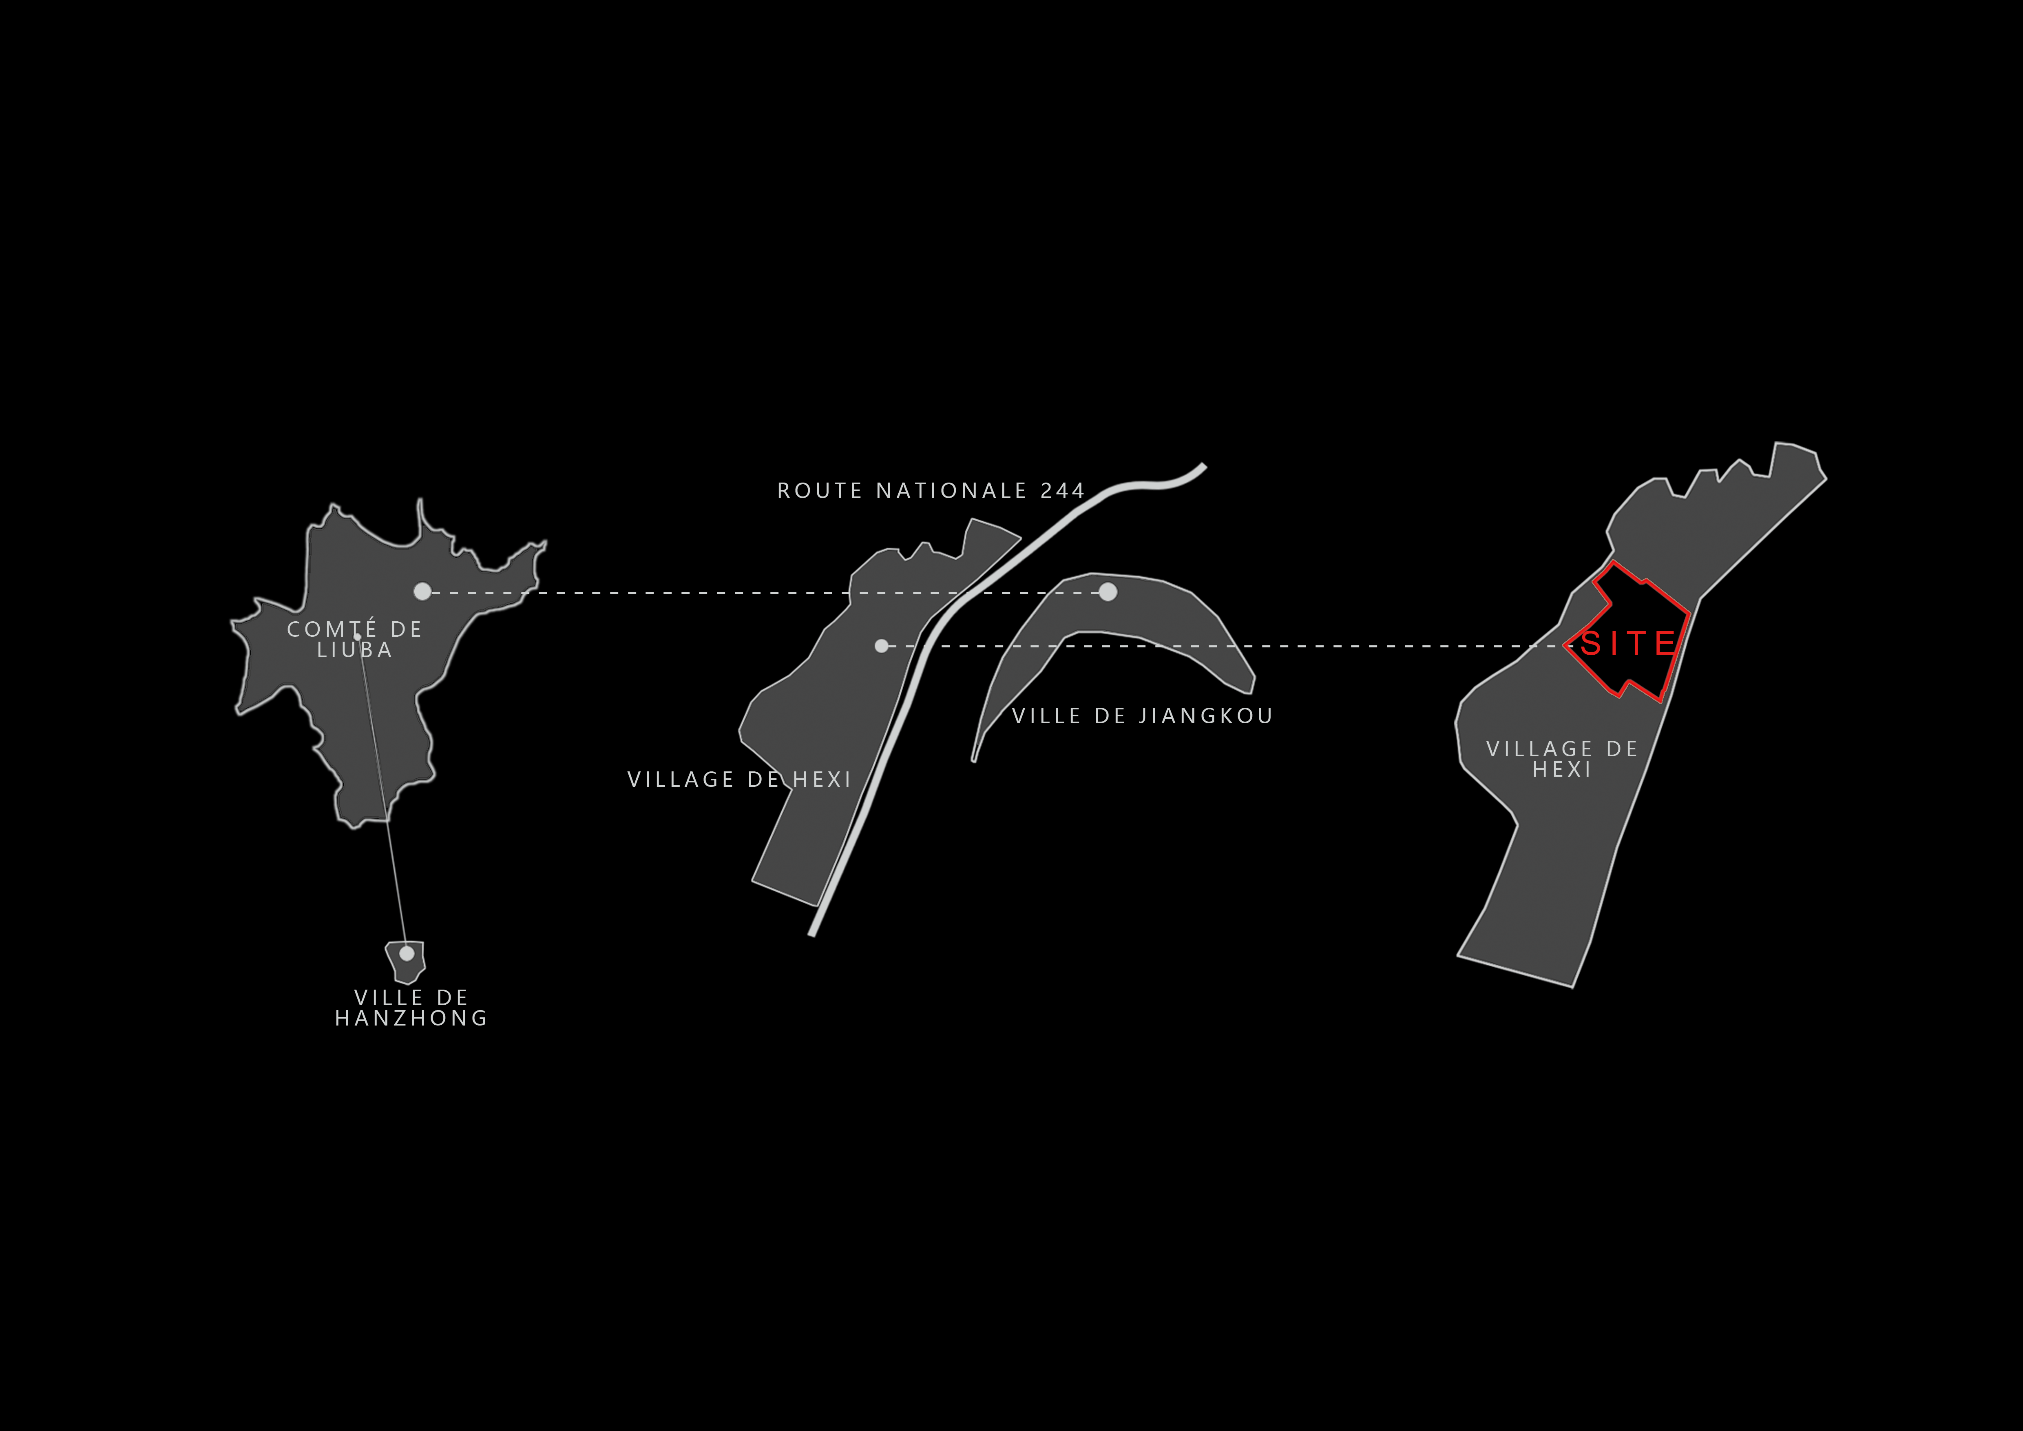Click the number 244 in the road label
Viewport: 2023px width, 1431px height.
pos(1063,491)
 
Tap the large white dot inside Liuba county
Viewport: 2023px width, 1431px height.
pos(423,591)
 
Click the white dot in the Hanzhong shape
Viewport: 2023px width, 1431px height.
pos(406,953)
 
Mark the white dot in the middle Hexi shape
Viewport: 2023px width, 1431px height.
pos(881,646)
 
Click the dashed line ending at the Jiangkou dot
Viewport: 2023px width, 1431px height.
pos(766,593)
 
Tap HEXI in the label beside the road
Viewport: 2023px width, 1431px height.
pos(823,780)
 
